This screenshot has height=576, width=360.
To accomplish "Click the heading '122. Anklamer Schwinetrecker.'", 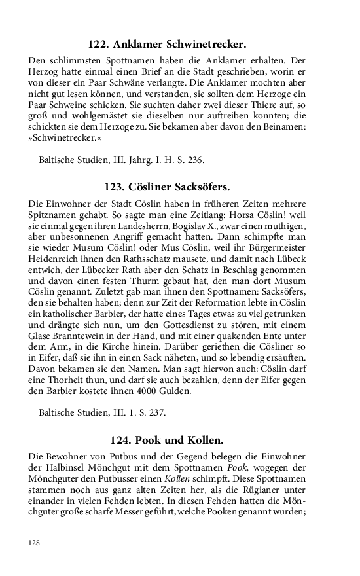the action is point(167,45).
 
